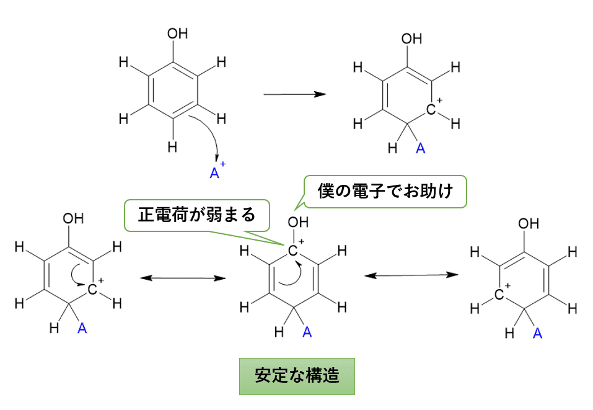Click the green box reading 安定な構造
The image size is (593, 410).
pyautogui.click(x=297, y=376)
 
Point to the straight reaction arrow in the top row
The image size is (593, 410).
pyautogui.click(x=294, y=94)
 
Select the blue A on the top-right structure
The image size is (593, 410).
pyautogui.click(x=420, y=148)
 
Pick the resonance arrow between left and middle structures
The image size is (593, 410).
pyautogui.click(x=183, y=278)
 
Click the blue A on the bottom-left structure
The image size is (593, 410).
pyautogui.click(x=82, y=328)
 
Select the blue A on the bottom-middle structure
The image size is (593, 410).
pyautogui.click(x=306, y=332)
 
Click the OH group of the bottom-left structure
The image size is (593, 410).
pyautogui.click(x=73, y=218)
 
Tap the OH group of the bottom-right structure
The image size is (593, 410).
pyautogui.click(x=529, y=223)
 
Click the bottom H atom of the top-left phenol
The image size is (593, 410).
pyautogui.click(x=172, y=147)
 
